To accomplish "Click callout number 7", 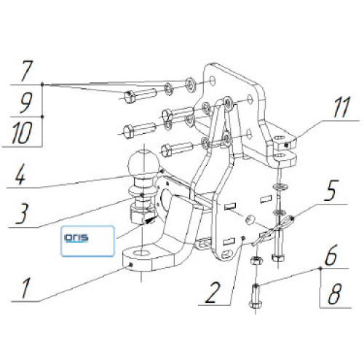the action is pos(26,71).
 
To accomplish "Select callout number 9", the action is pos(25,103).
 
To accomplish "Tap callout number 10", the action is pos(22,132).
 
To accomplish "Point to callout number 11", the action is pos(341,107).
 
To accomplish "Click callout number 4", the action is pos(20,175).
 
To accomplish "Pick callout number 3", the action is pos(23,213).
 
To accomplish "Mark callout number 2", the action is pos(213,293).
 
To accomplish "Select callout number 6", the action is pos(331,255).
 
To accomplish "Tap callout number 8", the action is pos(335,294).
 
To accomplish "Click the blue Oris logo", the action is pos(76,238).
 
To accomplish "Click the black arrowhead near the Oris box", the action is pos(149,221).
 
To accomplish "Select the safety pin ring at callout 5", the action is pos(288,221).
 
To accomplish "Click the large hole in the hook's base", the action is pos(142,253).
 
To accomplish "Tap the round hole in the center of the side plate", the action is pos(250,220).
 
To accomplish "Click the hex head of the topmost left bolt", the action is pos(129,97).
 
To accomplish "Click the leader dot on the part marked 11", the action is pos(287,145).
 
